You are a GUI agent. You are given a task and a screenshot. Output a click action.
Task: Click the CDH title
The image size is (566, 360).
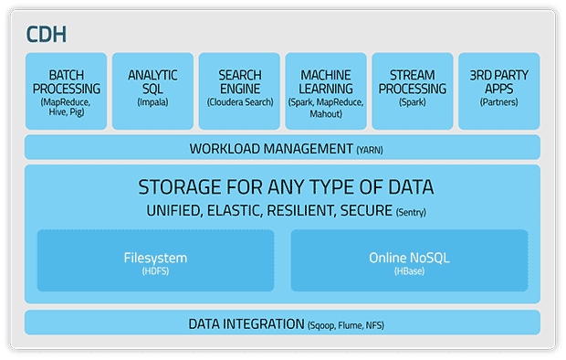(x=47, y=35)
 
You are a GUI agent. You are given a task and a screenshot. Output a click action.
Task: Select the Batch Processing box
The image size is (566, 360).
(x=66, y=91)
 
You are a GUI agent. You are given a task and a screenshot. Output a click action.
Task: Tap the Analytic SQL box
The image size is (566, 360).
(x=152, y=91)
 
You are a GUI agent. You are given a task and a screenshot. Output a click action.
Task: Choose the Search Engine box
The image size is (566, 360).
(x=239, y=91)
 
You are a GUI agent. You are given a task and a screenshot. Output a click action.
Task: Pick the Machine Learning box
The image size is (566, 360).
(x=326, y=91)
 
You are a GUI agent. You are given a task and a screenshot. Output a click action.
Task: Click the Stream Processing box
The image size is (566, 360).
(x=413, y=91)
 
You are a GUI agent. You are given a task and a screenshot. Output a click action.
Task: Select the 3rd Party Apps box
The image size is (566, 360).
(x=499, y=91)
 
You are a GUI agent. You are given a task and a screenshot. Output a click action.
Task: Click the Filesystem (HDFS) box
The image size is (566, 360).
(x=155, y=260)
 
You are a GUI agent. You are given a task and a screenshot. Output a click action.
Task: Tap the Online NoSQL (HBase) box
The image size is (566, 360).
(x=410, y=260)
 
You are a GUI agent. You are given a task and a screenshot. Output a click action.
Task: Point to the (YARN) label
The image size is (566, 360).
(x=370, y=150)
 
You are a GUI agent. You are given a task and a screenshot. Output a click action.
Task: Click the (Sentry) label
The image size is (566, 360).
(x=411, y=212)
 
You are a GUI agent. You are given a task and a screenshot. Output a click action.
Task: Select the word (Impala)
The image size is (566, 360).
(x=152, y=102)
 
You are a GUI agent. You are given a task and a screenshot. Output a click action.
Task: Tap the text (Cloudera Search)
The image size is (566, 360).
(x=240, y=102)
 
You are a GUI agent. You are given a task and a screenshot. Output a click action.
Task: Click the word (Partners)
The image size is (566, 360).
(x=498, y=102)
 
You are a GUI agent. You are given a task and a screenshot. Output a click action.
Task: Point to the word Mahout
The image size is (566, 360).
(x=326, y=114)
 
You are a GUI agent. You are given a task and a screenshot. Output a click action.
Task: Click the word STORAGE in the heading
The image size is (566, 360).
(x=180, y=187)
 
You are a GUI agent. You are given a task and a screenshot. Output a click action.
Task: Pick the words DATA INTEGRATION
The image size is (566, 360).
(x=246, y=324)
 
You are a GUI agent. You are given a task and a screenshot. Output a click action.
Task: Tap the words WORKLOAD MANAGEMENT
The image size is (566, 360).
(x=271, y=149)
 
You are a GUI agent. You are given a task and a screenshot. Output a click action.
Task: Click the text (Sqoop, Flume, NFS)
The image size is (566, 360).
(x=346, y=325)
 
